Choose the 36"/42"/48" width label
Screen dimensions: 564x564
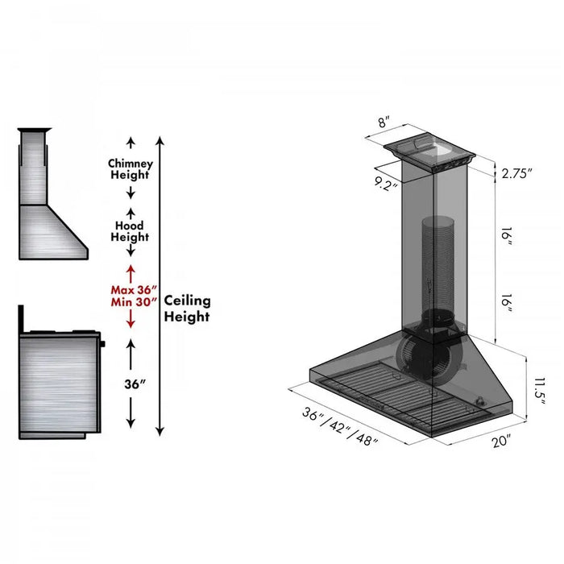(339, 425)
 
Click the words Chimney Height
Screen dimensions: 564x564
(130, 169)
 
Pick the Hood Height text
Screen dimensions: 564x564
(130, 231)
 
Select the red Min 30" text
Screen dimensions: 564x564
(133, 302)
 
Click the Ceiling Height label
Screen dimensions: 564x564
(187, 309)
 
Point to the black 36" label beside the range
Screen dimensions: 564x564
(131, 384)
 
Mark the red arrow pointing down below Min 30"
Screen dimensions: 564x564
(131, 320)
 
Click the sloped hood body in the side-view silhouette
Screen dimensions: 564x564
(52, 231)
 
